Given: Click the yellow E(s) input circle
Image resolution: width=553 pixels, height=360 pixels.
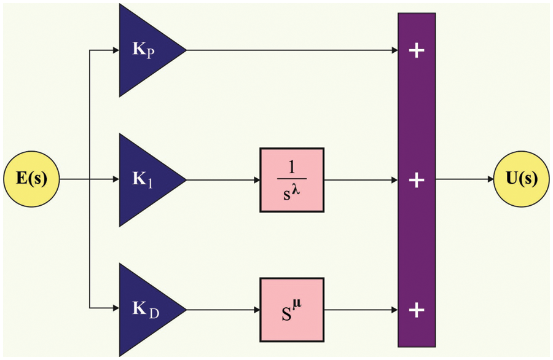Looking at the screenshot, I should click(31, 180).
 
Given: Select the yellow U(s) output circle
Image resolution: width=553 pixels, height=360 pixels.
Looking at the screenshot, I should click(522, 180).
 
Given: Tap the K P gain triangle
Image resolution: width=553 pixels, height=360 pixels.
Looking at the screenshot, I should click(144, 50).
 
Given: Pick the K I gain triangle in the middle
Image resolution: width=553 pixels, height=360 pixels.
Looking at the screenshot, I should click(144, 181).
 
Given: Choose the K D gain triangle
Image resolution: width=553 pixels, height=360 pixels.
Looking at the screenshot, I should click(144, 309).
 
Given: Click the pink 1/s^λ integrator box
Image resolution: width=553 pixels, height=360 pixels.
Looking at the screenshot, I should click(291, 181).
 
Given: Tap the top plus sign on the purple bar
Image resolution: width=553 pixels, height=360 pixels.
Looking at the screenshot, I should click(417, 50).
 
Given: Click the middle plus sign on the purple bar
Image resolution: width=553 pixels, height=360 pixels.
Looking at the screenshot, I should click(417, 181).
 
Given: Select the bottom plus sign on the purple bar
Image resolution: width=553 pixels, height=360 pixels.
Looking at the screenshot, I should click(417, 310).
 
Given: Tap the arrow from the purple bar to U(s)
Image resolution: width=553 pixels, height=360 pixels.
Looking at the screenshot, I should click(465, 180).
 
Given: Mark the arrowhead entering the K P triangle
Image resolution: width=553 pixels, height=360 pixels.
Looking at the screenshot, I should click(116, 50).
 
